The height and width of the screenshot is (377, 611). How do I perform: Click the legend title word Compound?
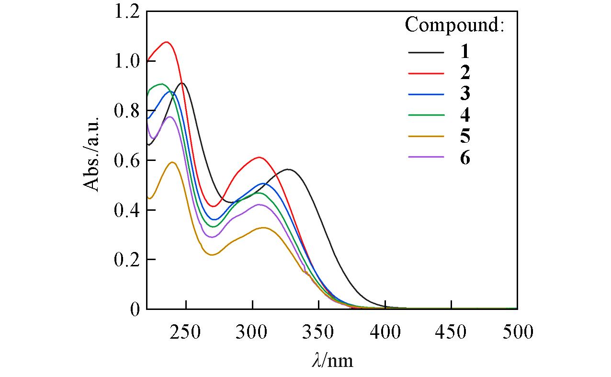click(x=454, y=25)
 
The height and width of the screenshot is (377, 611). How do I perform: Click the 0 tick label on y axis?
click(x=135, y=309)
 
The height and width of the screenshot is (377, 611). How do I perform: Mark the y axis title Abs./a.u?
click(x=92, y=154)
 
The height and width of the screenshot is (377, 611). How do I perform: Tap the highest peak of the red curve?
click(x=166, y=42)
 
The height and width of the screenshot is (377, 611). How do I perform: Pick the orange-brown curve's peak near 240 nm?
click(x=172, y=162)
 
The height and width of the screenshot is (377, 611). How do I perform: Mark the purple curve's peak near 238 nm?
click(x=170, y=116)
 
